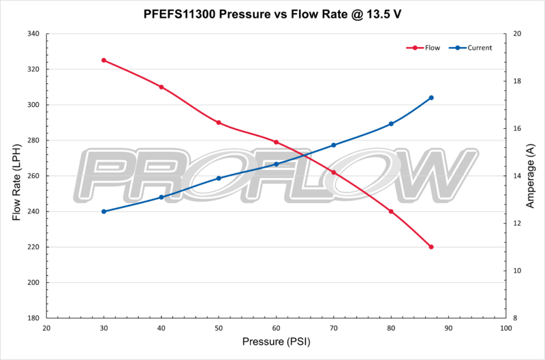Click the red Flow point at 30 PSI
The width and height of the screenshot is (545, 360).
coord(104,60)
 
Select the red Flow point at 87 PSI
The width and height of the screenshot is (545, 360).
coord(431,247)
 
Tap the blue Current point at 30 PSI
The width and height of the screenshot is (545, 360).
coord(104,211)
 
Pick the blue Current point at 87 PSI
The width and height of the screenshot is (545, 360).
coord(431,97)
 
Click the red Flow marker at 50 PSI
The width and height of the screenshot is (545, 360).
coord(219,123)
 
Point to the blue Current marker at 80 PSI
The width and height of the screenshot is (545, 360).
coord(391,123)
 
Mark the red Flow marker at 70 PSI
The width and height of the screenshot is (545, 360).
coord(334,172)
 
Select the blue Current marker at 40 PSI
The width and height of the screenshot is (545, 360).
coord(161,197)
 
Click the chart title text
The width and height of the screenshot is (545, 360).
coord(272,12)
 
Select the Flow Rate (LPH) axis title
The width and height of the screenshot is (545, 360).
coord(16,176)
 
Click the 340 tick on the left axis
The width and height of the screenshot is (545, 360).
coord(32,33)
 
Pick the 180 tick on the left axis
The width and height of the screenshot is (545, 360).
coord(32,318)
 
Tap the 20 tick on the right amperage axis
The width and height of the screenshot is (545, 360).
coord(517,33)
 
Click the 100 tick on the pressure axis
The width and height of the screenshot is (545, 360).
coord(505,329)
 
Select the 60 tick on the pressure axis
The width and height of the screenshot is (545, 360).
coord(276,329)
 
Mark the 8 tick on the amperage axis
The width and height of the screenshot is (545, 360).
coord(515,318)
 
